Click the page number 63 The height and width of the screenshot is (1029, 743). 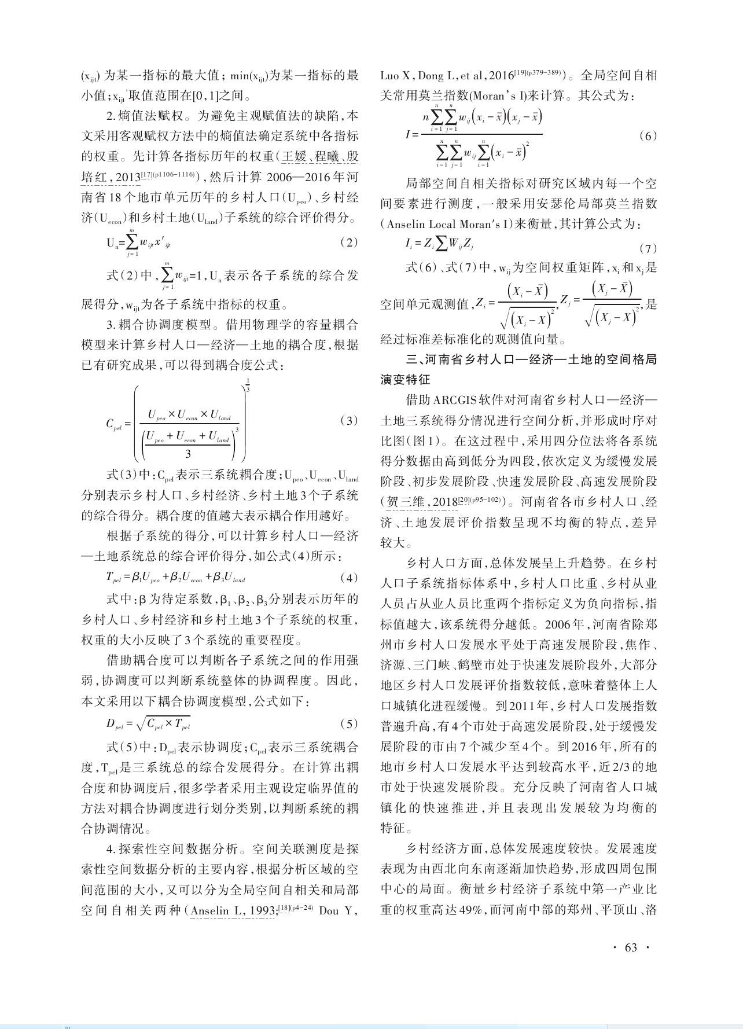pyautogui.click(x=630, y=947)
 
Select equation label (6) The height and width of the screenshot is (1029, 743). pyautogui.click(x=648, y=136)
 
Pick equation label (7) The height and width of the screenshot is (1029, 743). pyautogui.click(x=648, y=249)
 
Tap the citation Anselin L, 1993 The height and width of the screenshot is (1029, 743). pyautogui.click(x=233, y=910)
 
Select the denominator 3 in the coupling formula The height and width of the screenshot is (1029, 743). pyautogui.click(x=188, y=454)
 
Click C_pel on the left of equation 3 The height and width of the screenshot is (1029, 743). pyautogui.click(x=113, y=424)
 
